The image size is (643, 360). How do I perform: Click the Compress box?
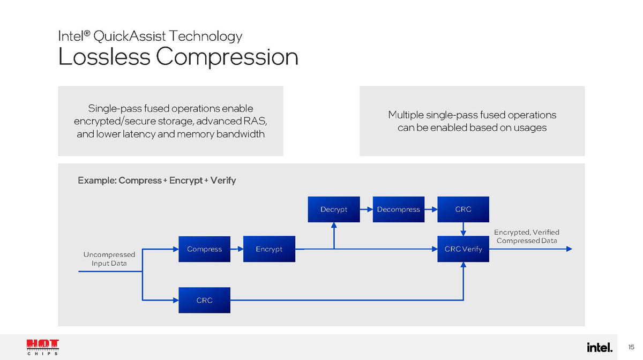[x=204, y=249]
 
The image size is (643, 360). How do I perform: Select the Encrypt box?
[x=269, y=249]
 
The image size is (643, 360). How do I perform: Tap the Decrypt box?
[x=334, y=209]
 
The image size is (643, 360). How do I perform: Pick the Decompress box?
[x=399, y=209]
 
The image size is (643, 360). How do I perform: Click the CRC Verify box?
[x=463, y=249]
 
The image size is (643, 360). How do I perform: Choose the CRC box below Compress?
[x=204, y=301]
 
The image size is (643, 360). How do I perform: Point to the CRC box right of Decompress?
[x=463, y=209]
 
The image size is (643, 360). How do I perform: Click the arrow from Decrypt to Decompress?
[x=366, y=209]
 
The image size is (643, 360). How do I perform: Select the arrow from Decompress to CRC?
[x=431, y=209]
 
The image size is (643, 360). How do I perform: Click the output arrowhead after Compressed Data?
[x=569, y=249]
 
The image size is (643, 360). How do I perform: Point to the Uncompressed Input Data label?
[x=109, y=259]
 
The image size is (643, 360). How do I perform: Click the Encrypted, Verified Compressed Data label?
[x=526, y=236]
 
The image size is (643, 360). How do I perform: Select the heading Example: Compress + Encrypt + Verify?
[x=156, y=181]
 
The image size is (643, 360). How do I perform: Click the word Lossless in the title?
[x=103, y=57]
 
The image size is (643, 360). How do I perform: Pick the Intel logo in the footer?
[x=599, y=347]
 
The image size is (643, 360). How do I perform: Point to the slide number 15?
[x=631, y=347]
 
